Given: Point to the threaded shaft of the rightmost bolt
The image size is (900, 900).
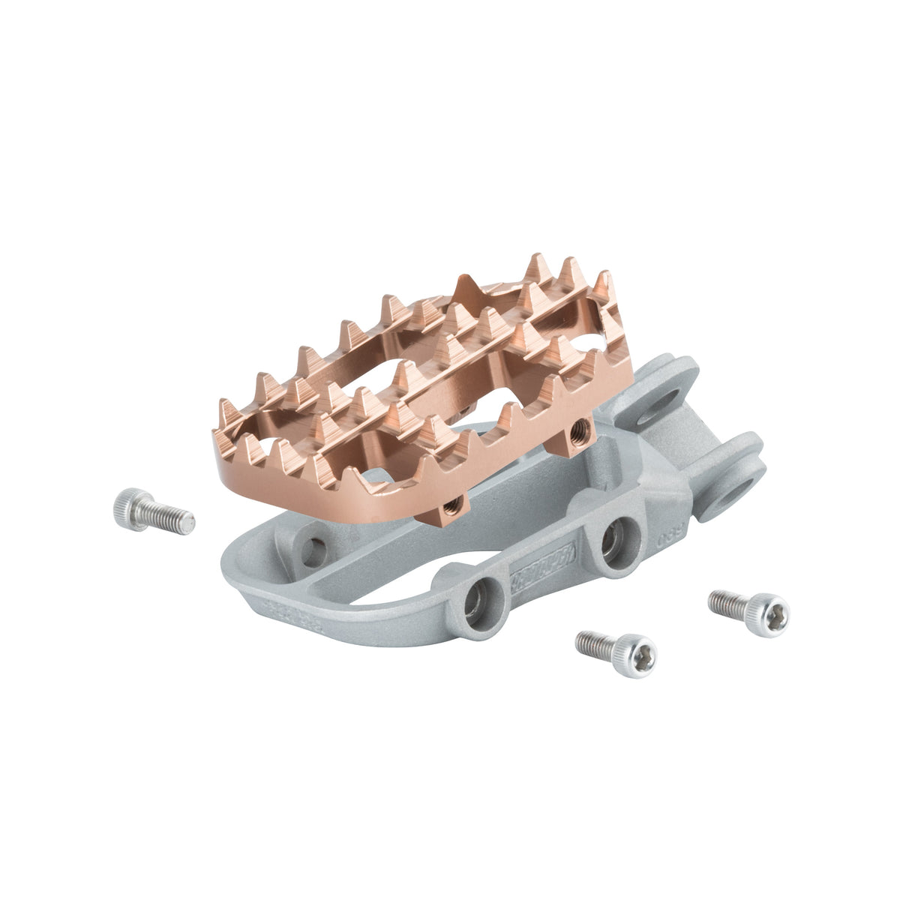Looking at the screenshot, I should click(x=727, y=601).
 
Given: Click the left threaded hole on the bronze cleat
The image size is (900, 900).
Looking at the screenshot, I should click(x=451, y=507).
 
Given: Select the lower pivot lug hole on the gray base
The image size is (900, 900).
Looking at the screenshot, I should click(x=731, y=498).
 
